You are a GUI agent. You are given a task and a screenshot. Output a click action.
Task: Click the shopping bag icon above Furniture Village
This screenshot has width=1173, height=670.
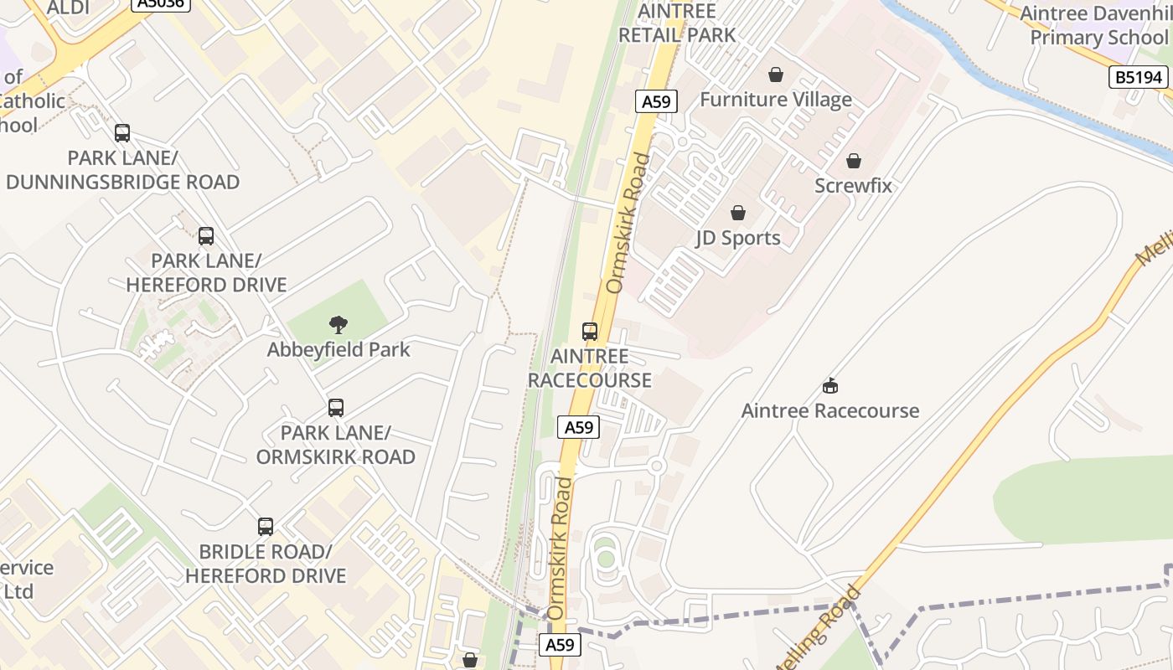pos(776,75)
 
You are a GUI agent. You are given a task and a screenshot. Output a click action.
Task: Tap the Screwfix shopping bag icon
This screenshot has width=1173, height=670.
pos(853,160)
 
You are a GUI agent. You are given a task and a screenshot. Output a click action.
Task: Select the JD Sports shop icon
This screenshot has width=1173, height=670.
pos(738,213)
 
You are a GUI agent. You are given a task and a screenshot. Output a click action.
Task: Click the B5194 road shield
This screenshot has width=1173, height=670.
pos(1138,78)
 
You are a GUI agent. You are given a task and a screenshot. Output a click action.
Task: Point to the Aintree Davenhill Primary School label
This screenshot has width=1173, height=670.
pos(1098,26)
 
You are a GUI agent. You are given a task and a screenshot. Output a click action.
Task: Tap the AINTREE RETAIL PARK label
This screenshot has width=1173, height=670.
pos(677,23)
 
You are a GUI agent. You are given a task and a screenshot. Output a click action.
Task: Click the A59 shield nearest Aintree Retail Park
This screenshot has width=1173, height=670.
pos(655,102)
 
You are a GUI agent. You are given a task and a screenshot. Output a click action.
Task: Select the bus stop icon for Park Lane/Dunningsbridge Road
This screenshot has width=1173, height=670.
pos(122,132)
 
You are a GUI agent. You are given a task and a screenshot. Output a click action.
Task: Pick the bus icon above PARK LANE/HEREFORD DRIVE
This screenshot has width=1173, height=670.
pos(206,236)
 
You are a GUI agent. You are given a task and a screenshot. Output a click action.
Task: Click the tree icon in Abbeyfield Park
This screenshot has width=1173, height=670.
pos(338,324)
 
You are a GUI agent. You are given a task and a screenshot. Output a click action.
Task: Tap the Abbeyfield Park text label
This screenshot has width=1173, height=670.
pos(338,349)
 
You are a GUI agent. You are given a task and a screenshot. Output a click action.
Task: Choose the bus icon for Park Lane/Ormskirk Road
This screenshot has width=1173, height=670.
pos(336,408)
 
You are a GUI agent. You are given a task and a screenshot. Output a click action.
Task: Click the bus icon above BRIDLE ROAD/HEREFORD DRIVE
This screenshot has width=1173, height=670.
pos(266,527)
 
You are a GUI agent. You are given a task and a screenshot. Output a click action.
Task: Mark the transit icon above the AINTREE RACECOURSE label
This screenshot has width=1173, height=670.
pos(590,331)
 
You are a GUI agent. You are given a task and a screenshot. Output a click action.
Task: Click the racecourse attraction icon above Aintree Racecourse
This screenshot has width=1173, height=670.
pos(829,385)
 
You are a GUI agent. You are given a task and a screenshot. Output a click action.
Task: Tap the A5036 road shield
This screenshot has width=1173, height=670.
pos(161,3)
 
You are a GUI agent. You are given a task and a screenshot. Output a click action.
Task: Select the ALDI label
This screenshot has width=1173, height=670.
pos(68,8)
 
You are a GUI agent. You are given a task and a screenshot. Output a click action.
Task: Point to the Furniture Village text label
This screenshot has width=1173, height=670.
pos(776,100)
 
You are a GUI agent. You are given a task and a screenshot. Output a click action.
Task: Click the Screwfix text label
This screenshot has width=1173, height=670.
pos(853,185)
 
